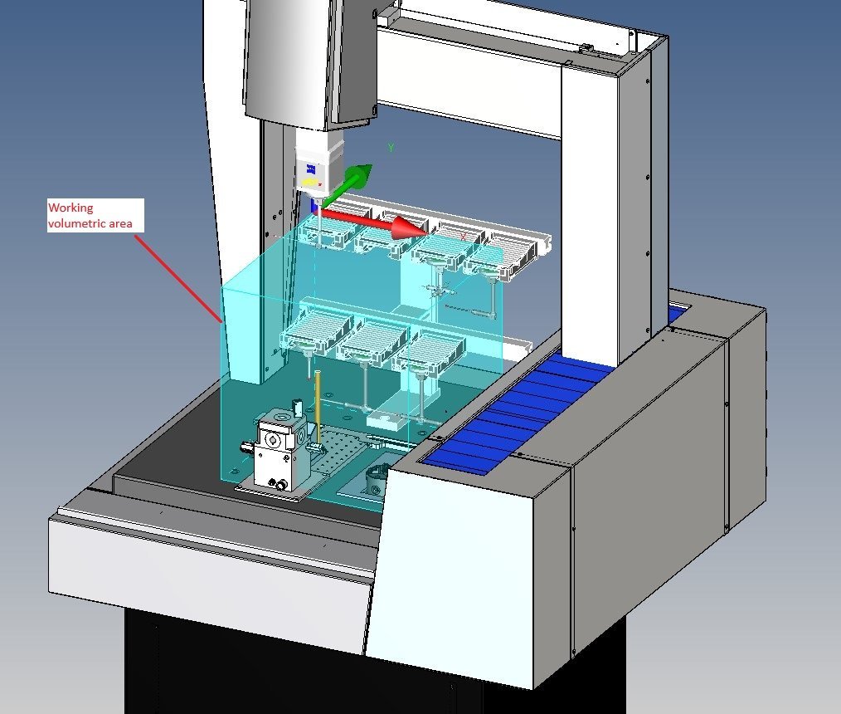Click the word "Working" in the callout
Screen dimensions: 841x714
(70, 208)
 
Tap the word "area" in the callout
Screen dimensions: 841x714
(120, 224)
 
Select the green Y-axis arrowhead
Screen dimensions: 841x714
(358, 175)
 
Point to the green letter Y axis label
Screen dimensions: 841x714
(391, 147)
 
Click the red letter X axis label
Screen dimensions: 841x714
(463, 237)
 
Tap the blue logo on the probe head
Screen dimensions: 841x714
(311, 169)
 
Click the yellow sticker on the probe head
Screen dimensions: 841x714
(310, 183)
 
